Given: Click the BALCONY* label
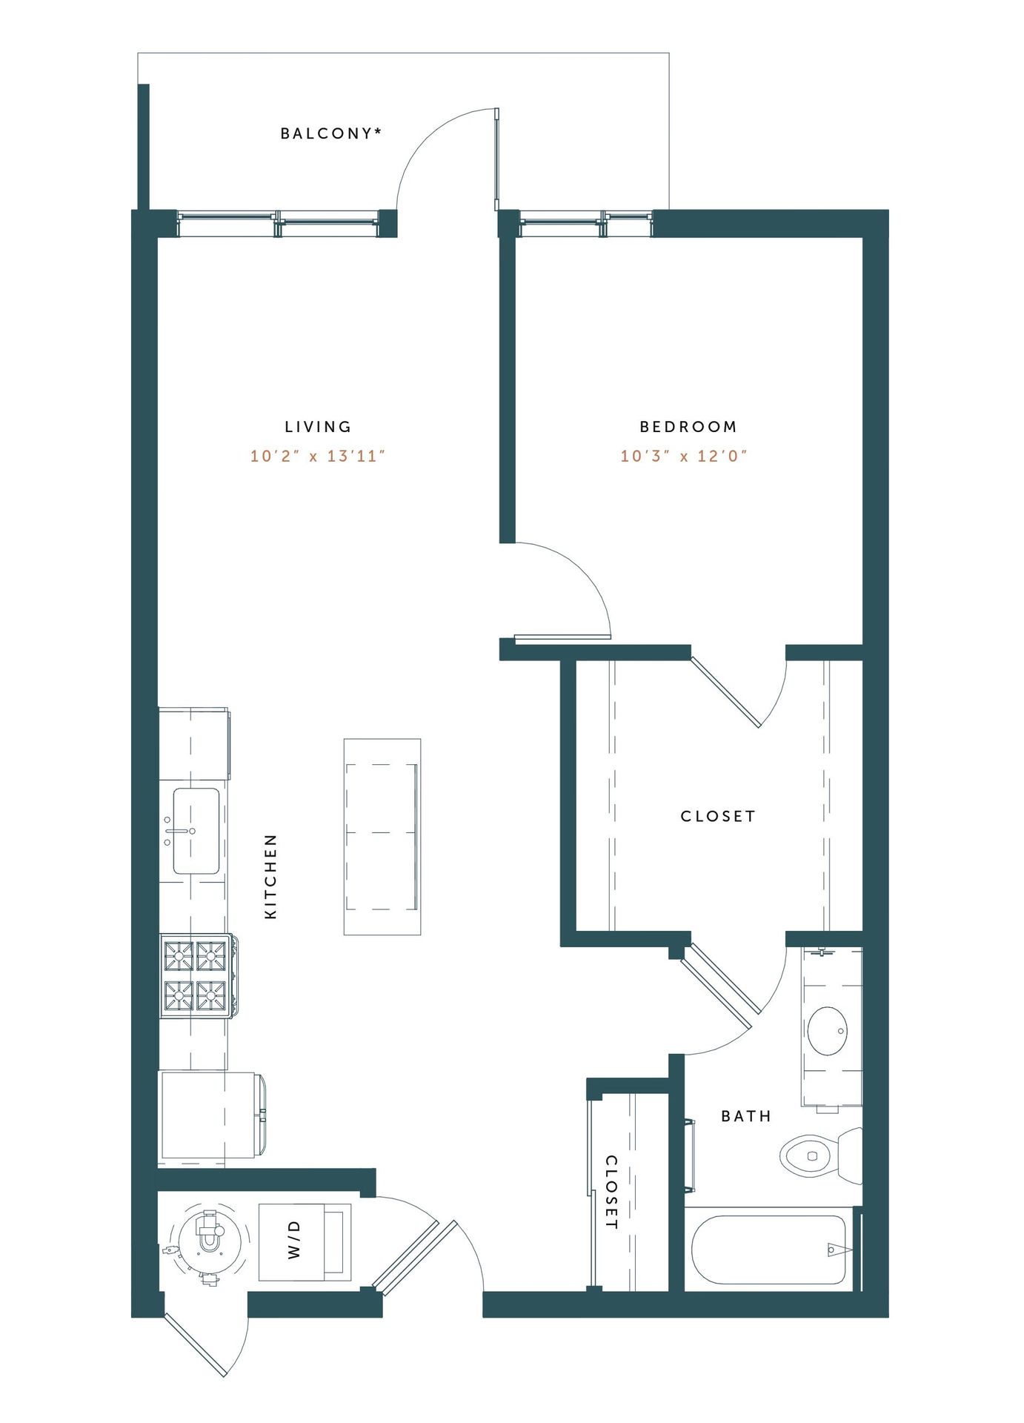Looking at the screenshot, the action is coord(330,133).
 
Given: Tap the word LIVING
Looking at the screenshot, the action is coord(318,427).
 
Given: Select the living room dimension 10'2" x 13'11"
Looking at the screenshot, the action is coord(318,456).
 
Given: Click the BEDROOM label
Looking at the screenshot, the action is coord(688,427).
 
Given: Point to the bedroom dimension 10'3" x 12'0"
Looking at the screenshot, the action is coord(684,456).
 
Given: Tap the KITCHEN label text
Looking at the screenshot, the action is coord(271,877).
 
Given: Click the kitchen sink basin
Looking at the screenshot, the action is coord(196,831).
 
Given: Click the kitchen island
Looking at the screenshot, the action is coord(382,837).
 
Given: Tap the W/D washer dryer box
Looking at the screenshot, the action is coord(305,1242).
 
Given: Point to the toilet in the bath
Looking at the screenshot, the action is coord(821,1155).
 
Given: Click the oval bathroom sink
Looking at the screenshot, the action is coord(827,1030).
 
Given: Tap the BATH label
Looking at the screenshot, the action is coord(746,1116).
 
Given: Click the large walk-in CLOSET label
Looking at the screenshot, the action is coord(718,816).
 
